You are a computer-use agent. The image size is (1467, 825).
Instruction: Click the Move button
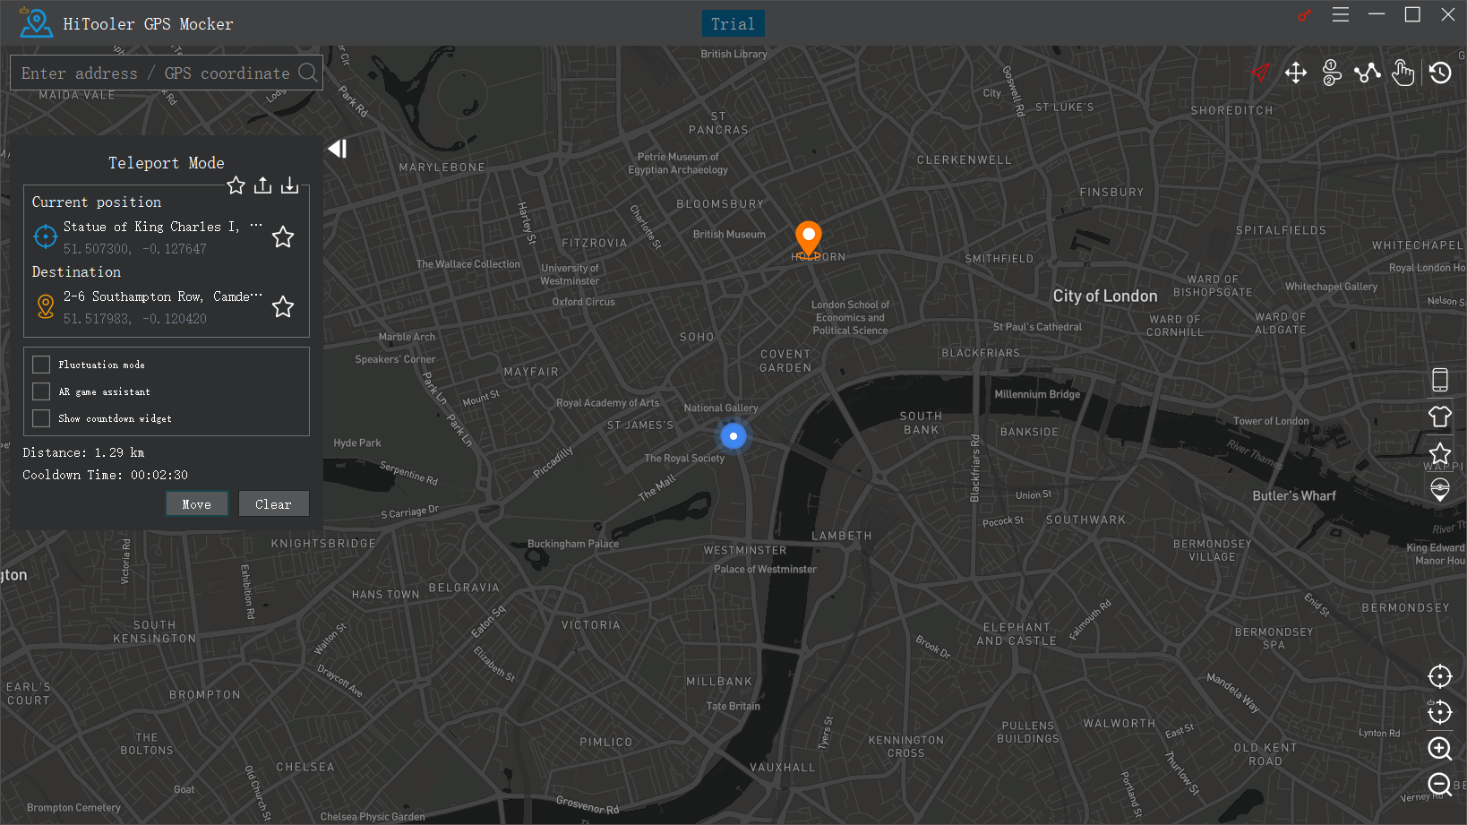[x=196, y=504]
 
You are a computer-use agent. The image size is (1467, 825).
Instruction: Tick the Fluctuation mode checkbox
[x=41, y=365]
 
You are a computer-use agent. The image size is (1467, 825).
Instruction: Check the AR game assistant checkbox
[x=41, y=391]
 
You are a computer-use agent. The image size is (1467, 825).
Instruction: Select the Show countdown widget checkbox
[x=41, y=418]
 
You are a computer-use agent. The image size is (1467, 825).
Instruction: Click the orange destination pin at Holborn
[x=808, y=237]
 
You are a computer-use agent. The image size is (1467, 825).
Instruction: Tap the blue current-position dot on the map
[x=733, y=436]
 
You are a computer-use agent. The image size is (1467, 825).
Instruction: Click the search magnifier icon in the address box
[x=307, y=73]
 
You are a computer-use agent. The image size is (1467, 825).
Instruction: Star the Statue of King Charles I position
[x=283, y=236]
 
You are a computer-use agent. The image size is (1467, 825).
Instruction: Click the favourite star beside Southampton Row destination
[x=283, y=307]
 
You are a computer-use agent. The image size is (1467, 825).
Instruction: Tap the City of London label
[x=1104, y=296]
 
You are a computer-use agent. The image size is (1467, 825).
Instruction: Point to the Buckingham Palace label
[x=572, y=544]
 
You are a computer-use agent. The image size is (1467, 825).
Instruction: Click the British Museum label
[x=729, y=235]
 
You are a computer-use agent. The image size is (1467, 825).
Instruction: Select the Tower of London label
[x=1270, y=421]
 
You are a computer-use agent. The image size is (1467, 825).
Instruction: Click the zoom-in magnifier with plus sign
[x=1439, y=749]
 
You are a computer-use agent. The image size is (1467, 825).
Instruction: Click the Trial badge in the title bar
[x=733, y=24]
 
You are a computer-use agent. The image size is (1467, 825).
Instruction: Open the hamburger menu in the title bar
[x=1340, y=15]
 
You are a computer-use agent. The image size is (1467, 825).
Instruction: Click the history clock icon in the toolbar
[x=1440, y=73]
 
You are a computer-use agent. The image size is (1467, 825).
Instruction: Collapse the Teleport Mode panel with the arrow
[x=337, y=149]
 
